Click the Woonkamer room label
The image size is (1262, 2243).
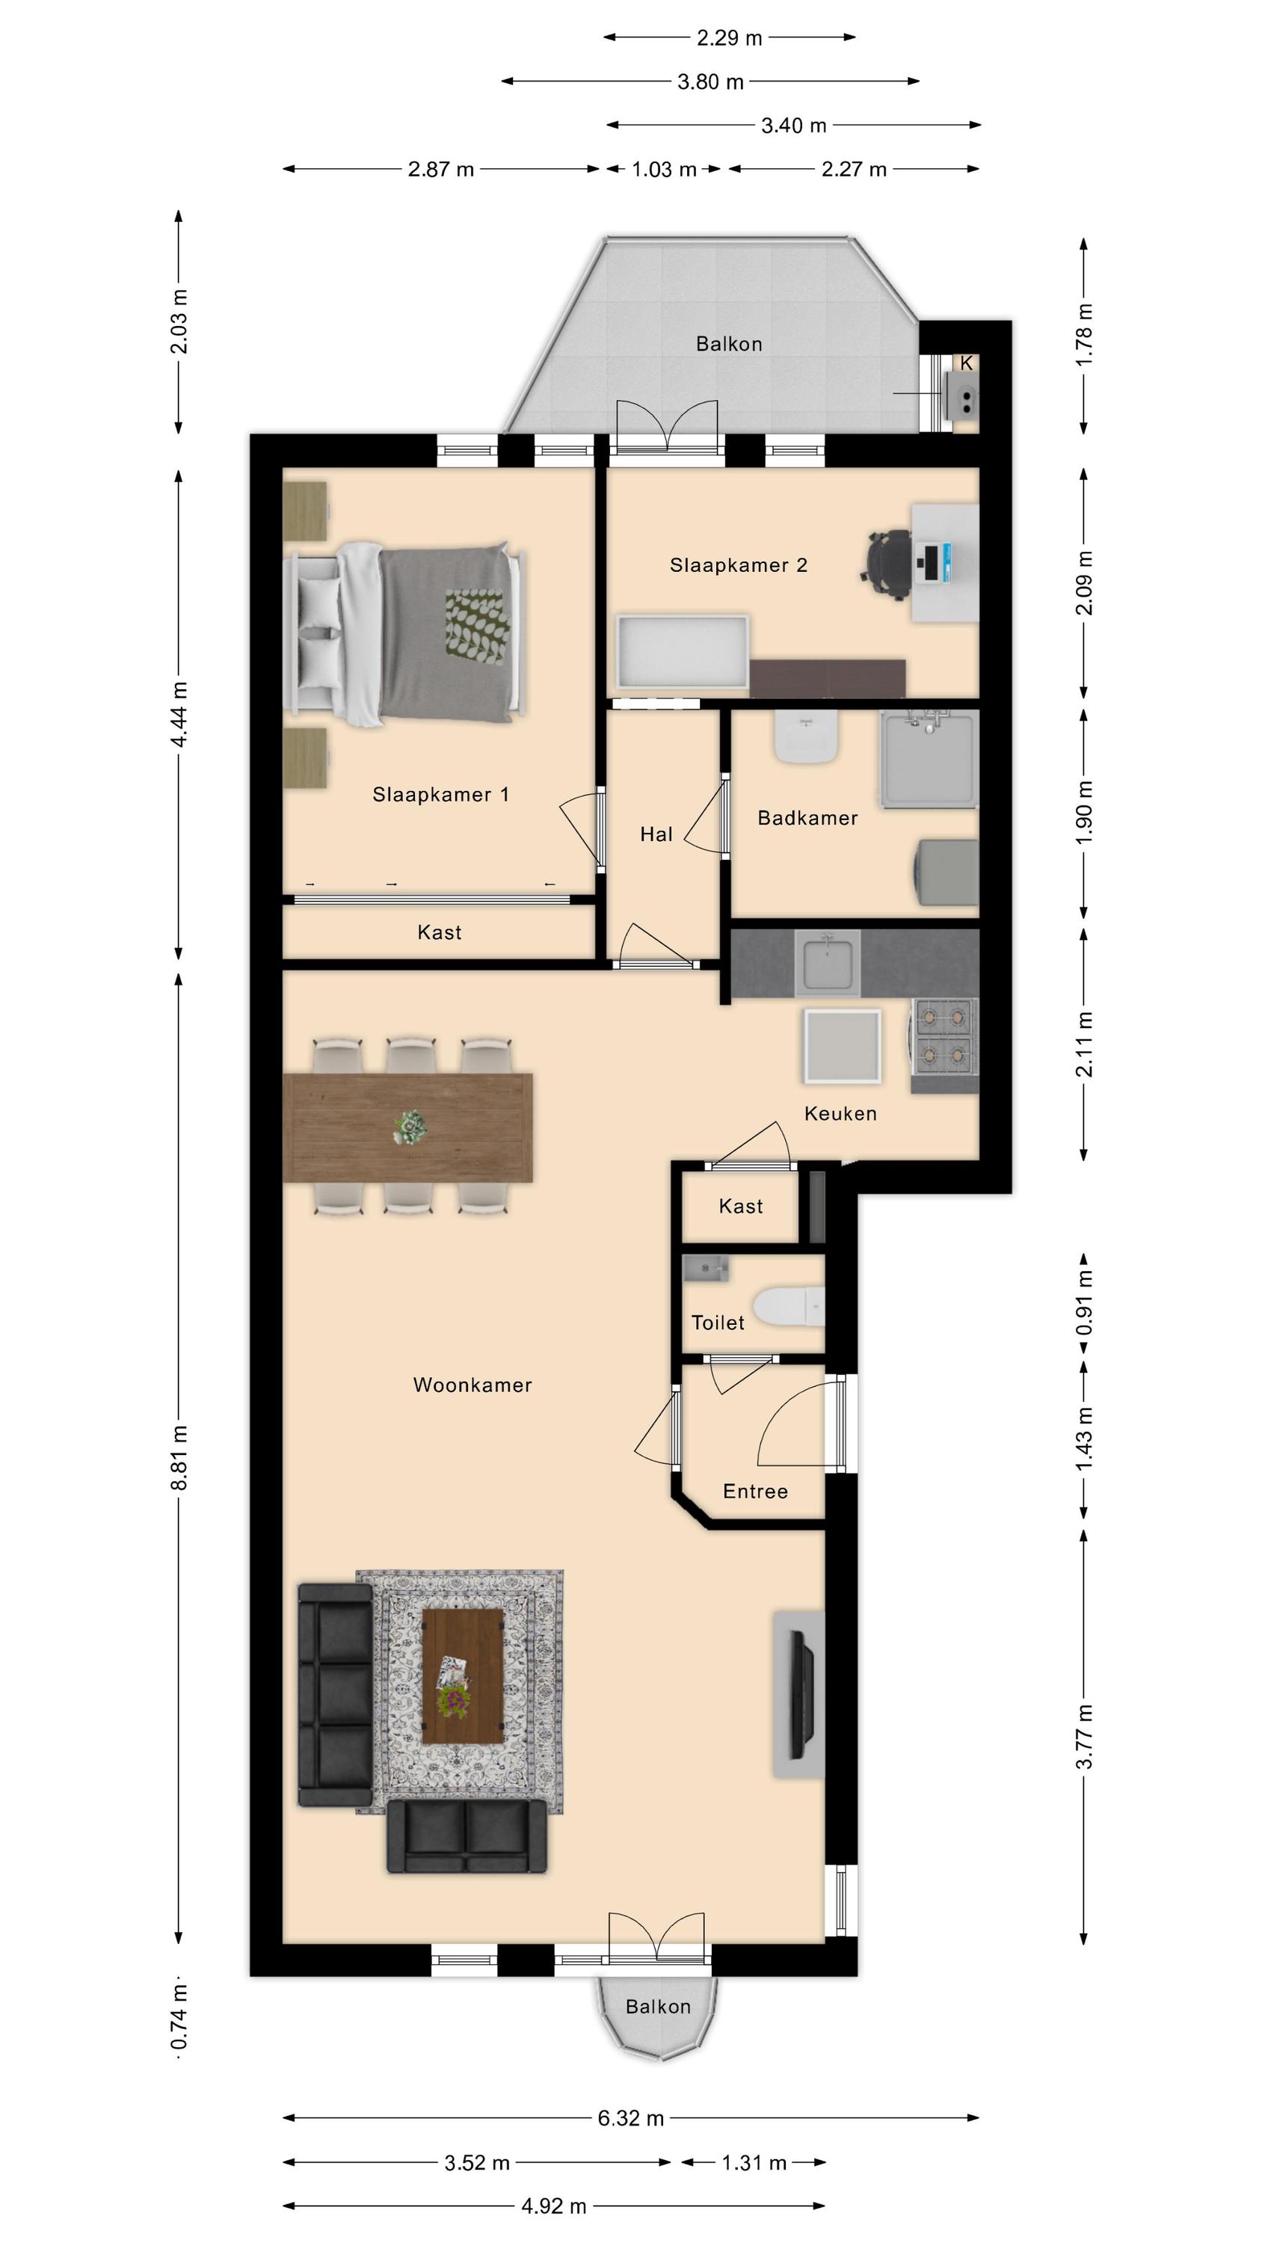point(472,1385)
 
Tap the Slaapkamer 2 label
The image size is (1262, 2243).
point(739,565)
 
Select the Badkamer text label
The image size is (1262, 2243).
point(807,818)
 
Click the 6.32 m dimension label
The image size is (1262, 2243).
point(630,2117)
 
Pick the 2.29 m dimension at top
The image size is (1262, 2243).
point(729,37)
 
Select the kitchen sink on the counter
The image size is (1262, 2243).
point(827,963)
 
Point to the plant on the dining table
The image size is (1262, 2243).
point(410,1127)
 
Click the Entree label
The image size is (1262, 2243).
point(755,1492)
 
